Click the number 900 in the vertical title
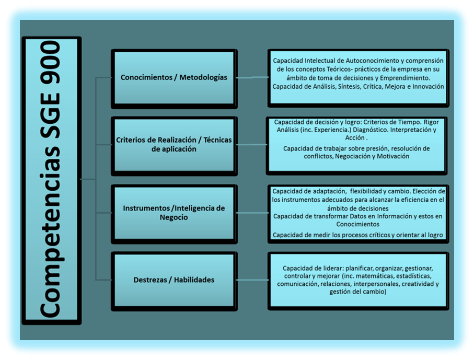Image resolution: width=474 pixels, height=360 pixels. click(x=51, y=62)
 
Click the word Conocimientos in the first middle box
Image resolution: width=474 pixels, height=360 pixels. click(x=146, y=77)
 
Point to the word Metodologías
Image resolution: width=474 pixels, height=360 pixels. click(x=203, y=78)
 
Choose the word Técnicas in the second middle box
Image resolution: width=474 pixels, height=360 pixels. click(x=217, y=140)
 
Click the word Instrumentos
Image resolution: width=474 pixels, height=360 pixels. click(x=146, y=208)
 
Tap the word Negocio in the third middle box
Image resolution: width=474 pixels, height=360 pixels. click(x=174, y=218)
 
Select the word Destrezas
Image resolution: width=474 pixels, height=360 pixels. click(x=150, y=280)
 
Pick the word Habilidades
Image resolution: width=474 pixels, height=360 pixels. click(x=194, y=280)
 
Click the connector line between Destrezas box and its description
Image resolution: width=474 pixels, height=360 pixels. click(x=252, y=280)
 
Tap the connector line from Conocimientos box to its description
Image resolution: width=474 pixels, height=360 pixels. click(x=252, y=78)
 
